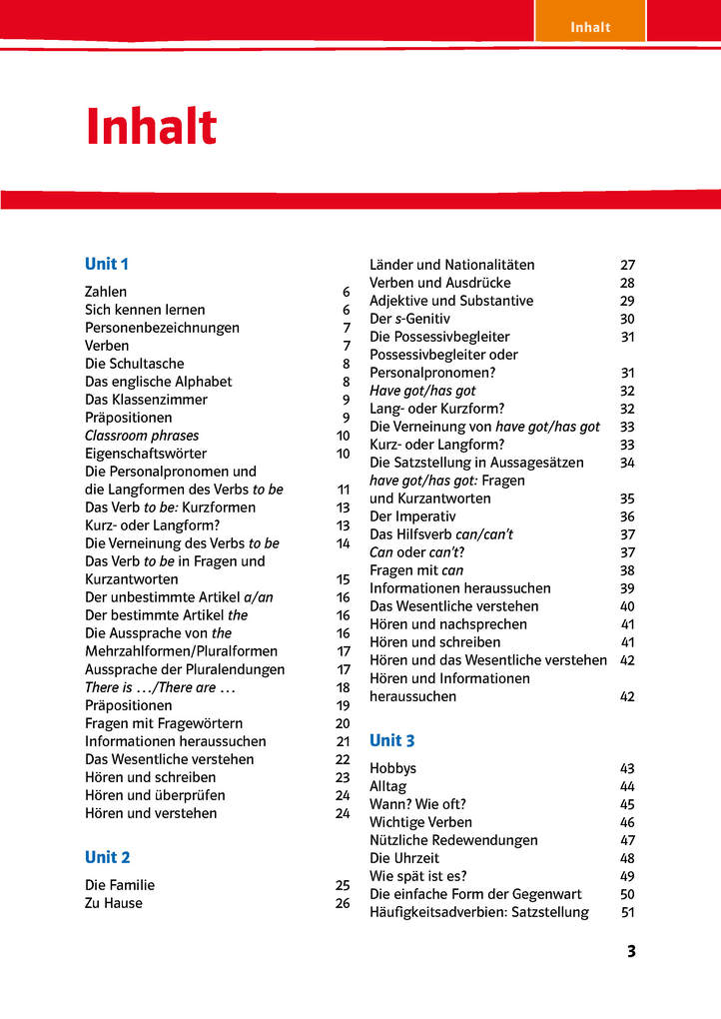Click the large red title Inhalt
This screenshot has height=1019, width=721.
[x=151, y=127]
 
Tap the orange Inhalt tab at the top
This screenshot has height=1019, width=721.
[x=589, y=27]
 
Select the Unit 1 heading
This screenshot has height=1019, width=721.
[x=107, y=264]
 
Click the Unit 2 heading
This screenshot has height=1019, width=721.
[x=108, y=857]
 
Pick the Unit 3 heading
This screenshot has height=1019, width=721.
[x=392, y=740]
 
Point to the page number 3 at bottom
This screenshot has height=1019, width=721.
[x=630, y=951]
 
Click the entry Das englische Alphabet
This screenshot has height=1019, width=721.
[x=158, y=382]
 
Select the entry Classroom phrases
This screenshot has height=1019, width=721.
[x=142, y=436]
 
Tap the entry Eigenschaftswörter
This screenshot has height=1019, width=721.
[x=146, y=454]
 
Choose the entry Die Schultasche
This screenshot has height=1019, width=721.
[x=135, y=364]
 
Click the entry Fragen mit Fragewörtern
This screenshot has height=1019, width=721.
[x=164, y=723]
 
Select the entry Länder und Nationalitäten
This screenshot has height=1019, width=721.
[x=451, y=265]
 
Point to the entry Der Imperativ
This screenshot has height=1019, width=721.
[x=412, y=516]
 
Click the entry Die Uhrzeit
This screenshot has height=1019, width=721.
[x=403, y=858]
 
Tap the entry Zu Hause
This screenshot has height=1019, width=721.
[x=114, y=903]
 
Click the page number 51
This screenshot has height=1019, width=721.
[x=628, y=912]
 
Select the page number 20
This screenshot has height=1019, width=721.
[x=343, y=723]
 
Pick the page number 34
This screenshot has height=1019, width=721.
[x=627, y=463]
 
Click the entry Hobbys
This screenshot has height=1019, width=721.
[x=393, y=768]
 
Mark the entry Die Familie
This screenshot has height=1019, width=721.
[x=120, y=885]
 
